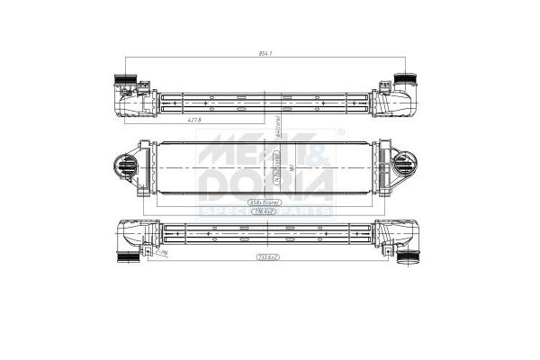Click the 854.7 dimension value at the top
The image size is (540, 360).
[x=265, y=55]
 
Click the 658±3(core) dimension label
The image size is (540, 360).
[x=267, y=203]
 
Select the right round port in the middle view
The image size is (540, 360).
[x=406, y=166]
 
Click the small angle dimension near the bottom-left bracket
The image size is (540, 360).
[x=165, y=255]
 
